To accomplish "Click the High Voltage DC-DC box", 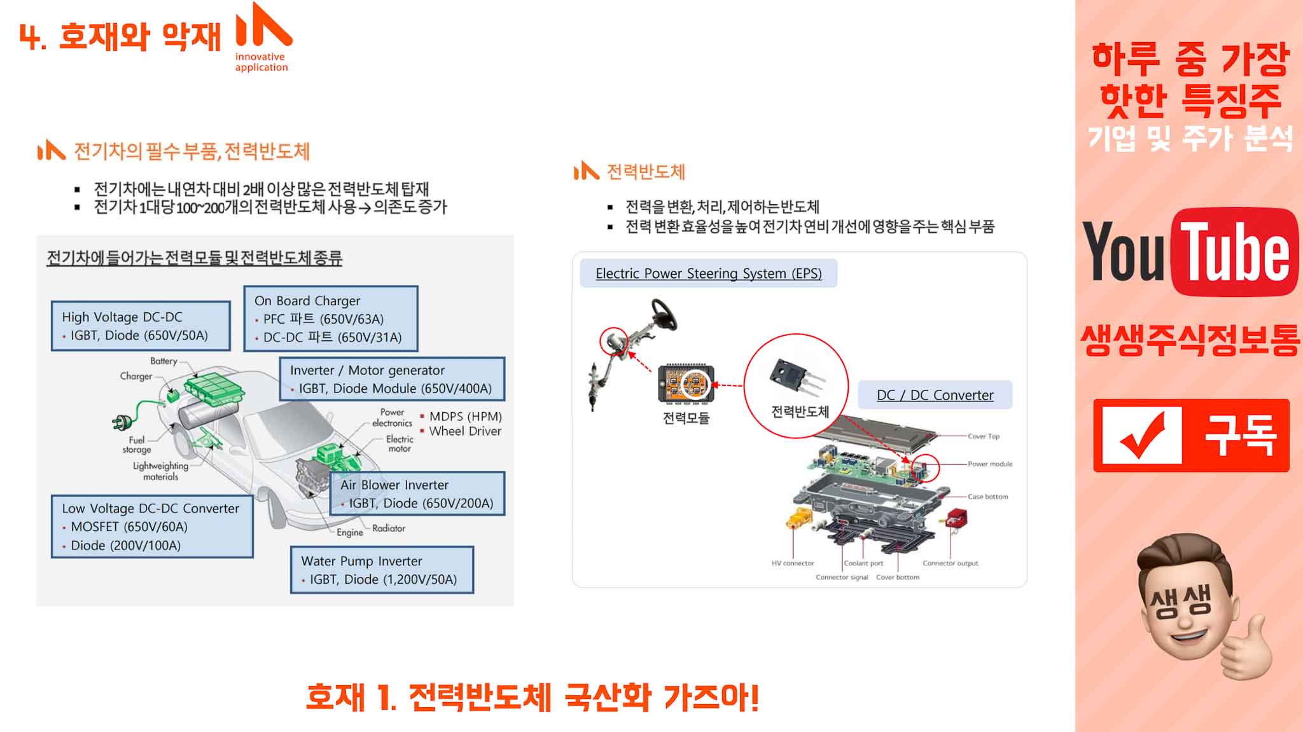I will [x=141, y=326].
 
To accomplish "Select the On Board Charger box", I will [x=331, y=319].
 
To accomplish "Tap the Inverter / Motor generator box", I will [x=392, y=379].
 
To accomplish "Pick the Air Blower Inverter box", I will [x=417, y=494].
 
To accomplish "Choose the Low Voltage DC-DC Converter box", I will [x=152, y=527].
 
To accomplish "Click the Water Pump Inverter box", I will [x=382, y=570].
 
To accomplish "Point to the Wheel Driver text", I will [x=465, y=431].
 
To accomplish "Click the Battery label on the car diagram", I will [x=164, y=361].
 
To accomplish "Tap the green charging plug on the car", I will [x=122, y=421].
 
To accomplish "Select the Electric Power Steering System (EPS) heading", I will [x=708, y=273].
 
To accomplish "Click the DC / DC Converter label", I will [x=935, y=395].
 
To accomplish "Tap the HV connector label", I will [x=793, y=563].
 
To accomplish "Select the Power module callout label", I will [x=990, y=464].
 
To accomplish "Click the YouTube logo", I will [x=1190, y=252].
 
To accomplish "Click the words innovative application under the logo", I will [x=261, y=62].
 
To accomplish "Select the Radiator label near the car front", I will [x=389, y=528].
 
